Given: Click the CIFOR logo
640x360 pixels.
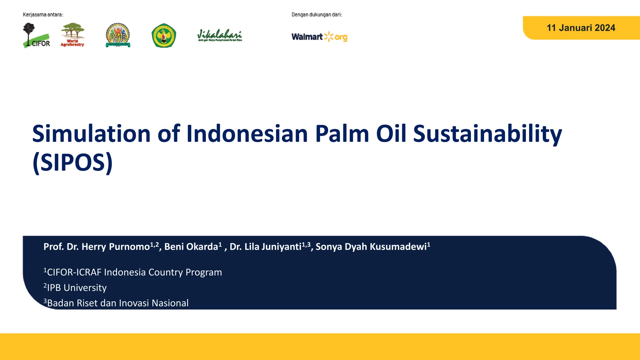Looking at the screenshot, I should point(36,35).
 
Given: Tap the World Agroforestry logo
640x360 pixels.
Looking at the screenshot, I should point(72,35).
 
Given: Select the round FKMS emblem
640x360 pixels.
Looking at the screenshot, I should point(118,35).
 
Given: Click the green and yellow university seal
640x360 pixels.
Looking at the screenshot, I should point(164,36).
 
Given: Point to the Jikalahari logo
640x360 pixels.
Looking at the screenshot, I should point(220,35).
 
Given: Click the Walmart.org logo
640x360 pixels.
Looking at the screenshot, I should point(319,37).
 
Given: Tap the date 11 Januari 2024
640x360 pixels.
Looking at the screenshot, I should point(581,28).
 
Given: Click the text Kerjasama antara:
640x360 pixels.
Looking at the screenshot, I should point(43,15).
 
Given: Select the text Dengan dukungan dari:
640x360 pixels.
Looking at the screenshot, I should point(317,15).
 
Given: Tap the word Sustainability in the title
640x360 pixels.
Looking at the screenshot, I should point(487,134).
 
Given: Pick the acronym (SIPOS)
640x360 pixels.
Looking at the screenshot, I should point(72,162).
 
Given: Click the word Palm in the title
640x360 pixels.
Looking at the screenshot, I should point(342,134).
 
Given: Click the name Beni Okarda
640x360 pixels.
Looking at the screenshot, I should point(191,247).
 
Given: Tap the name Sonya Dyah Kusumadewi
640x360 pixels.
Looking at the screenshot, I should point(371,247).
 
